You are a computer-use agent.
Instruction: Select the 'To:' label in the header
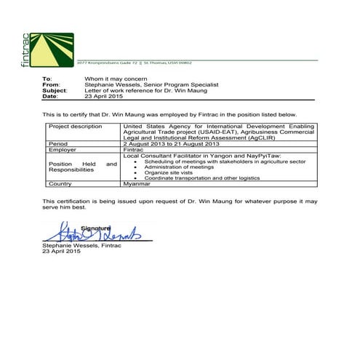pyautogui.click(x=47, y=79)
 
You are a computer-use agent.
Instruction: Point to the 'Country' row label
pyautogui.click(x=60, y=184)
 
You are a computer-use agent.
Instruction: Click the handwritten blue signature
pyautogui.click(x=87, y=234)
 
